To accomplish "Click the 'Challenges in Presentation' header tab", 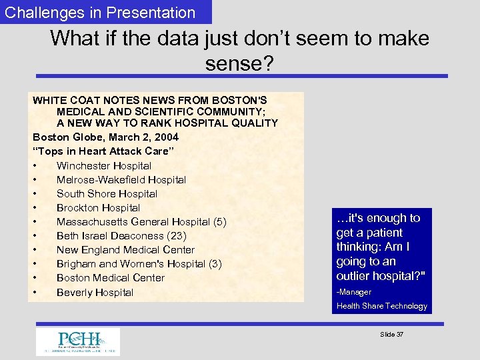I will [x=101, y=13].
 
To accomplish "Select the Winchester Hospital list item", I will [x=104, y=165].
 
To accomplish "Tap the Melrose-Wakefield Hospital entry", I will [x=121, y=179].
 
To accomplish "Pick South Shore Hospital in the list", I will [x=107, y=193].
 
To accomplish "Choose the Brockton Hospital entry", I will [x=98, y=207].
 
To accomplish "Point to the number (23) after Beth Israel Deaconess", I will [x=177, y=236].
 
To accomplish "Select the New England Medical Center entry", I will [x=125, y=250].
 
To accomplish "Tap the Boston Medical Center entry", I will [x=110, y=278].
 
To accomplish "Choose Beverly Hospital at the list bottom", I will [x=95, y=292].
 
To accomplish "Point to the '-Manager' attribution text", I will [x=354, y=292].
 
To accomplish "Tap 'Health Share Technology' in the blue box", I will [x=382, y=306].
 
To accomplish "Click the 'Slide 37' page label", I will [x=391, y=334].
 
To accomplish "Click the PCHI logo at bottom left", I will [x=78, y=341].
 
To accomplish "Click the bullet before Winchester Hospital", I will [x=34, y=165].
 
